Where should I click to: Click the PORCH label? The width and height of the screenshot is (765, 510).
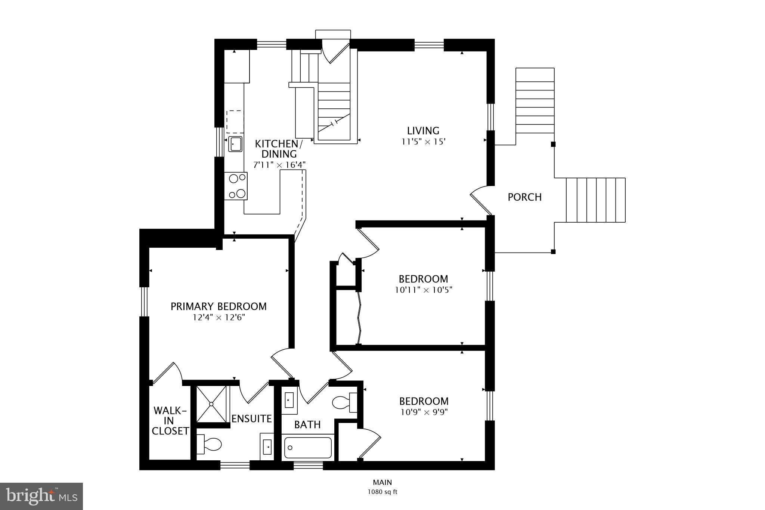pos(524,197)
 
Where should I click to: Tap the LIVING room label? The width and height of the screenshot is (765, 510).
pos(423,131)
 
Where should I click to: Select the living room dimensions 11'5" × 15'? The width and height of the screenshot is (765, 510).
pos(424,142)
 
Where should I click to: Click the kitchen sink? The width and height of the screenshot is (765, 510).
pos(235,144)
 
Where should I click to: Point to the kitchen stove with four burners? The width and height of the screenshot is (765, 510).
pos(236,186)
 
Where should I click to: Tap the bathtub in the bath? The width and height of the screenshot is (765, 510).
pos(308,447)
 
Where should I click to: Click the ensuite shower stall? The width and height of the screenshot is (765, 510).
pos(211,404)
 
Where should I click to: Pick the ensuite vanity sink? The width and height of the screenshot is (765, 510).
pos(267,446)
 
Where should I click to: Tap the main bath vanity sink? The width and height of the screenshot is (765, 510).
pos(289,401)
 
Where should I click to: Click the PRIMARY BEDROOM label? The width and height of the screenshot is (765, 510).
pos(219,306)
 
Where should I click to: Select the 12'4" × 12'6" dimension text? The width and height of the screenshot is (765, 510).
pos(219,318)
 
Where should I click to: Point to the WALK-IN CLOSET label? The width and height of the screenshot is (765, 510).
pos(170,421)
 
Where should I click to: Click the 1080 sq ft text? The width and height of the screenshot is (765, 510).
pos(382,492)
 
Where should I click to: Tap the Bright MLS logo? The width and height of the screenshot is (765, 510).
pos(41,496)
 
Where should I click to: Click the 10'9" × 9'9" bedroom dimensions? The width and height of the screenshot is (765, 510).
pos(424,412)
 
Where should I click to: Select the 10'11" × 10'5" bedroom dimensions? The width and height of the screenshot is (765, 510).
pos(424,290)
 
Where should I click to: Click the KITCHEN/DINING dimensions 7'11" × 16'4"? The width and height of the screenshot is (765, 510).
pos(279,164)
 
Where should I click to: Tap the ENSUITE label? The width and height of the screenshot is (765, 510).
pos(251,418)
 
